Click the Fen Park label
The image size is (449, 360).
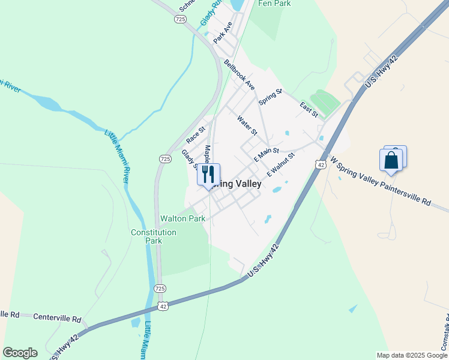tap(274, 4)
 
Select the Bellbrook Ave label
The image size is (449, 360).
tap(240, 74)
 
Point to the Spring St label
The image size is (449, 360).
tap(270, 97)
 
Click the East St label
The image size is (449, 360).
tap(309, 109)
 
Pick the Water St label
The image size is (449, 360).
tap(247, 125)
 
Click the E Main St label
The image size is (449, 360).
tap(267, 155)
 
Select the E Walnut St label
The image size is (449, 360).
tap(281, 164)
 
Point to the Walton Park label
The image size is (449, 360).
tap(182, 218)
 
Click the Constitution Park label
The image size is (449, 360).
tap(154, 236)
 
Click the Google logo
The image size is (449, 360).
tap(20, 353)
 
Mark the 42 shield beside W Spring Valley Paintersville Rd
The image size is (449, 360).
tap(321, 164)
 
